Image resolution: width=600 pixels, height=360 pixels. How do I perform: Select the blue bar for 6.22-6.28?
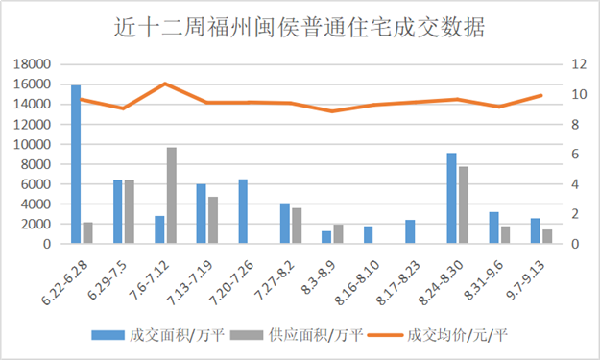[x=76, y=164]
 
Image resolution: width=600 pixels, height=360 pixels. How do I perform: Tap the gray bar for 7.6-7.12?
[x=172, y=196]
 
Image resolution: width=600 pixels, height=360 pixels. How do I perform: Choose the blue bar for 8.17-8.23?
[x=410, y=232]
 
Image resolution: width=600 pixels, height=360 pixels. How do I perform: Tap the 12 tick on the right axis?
[x=578, y=64]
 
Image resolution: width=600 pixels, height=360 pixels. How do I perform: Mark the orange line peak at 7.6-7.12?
[x=165, y=84]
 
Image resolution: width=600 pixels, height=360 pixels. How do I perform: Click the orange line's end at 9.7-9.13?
[x=541, y=95]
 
